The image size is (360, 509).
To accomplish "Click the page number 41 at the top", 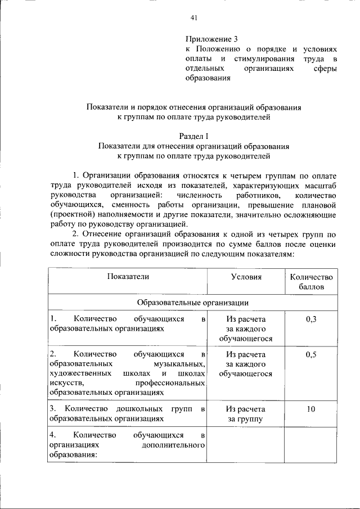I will point(194,19).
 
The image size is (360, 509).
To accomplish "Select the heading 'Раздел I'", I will point(193,136).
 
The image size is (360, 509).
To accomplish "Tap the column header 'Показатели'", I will point(127,277).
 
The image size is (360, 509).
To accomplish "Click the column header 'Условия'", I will point(246,277).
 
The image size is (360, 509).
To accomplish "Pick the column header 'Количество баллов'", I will point(311,281).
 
